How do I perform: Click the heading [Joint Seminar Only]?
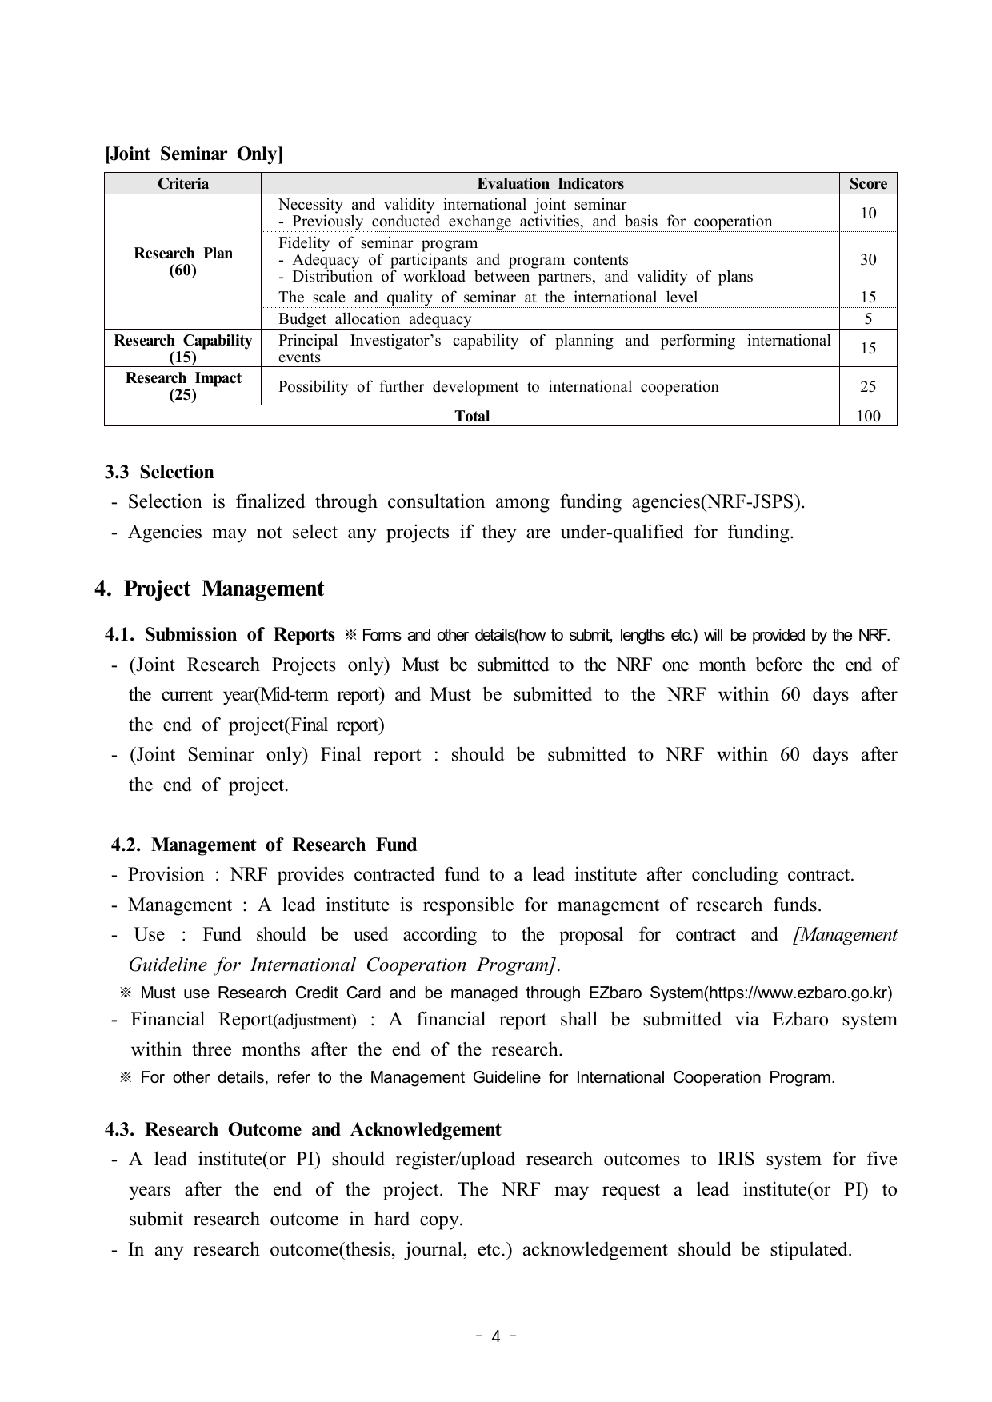point(194,154)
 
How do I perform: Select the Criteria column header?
point(182,184)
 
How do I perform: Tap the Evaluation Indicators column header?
point(550,184)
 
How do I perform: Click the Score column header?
point(868,184)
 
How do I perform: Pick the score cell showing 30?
point(868,259)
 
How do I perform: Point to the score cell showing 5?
point(868,319)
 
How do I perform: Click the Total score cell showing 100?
point(868,416)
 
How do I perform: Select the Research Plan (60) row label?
point(182,262)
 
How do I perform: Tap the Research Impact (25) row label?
point(182,386)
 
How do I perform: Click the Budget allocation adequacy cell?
point(374,319)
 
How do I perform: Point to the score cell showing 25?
point(868,387)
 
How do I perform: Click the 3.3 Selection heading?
point(159,472)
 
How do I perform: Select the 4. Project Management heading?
point(209,589)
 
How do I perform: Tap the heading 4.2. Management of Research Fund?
point(264,845)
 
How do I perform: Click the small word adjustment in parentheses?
point(315,1021)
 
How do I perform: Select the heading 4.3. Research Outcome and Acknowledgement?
point(302,1129)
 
